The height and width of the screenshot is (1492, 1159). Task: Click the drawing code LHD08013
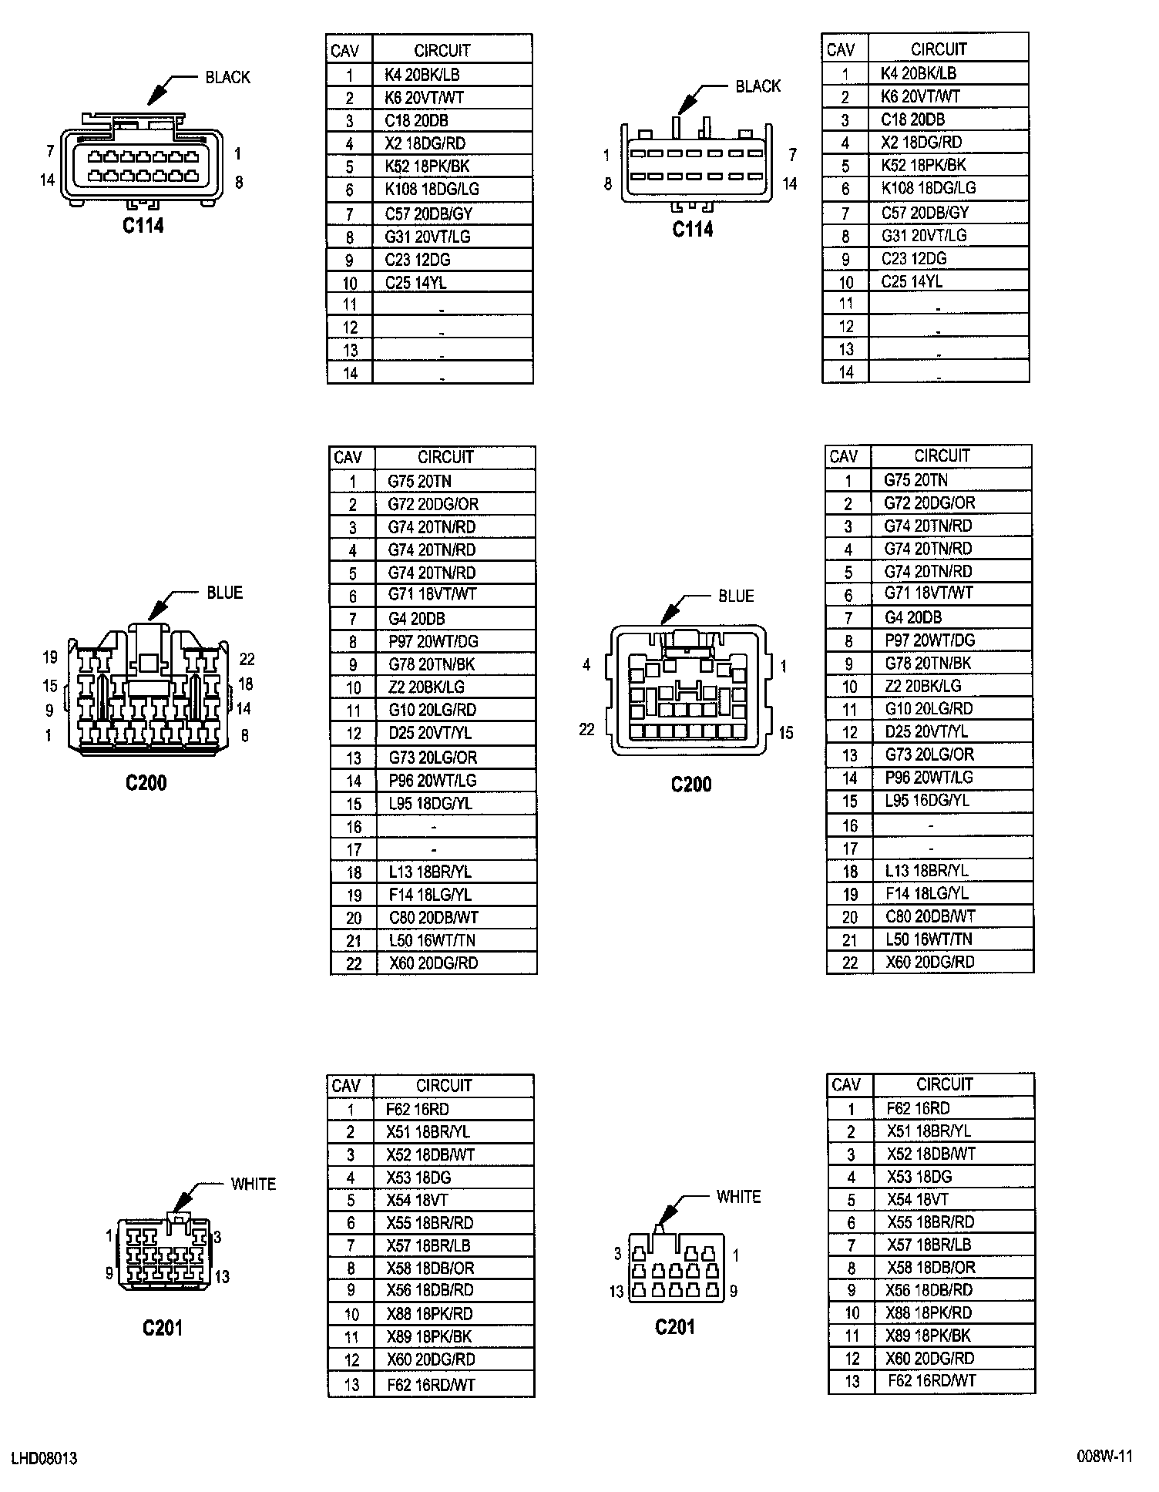point(44,1458)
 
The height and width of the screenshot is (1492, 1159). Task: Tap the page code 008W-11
point(1104,1456)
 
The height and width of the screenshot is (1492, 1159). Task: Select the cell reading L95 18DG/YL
point(430,803)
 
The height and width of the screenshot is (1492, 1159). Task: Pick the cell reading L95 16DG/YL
point(926,801)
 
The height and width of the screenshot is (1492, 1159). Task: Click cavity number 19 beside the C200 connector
point(50,657)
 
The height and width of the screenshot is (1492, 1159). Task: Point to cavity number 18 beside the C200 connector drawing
point(245,684)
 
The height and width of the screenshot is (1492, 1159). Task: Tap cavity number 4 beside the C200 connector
point(586,664)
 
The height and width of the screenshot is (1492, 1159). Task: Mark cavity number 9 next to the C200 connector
point(49,711)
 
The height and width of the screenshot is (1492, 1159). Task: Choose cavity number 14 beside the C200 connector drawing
point(244,708)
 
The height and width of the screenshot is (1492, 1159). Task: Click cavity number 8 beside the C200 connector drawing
point(244,735)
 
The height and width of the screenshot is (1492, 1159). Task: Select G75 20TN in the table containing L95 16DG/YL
point(915,480)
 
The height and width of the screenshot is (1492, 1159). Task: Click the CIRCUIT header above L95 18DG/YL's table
point(445,457)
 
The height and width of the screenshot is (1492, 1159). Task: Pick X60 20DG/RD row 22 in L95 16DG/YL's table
point(929,962)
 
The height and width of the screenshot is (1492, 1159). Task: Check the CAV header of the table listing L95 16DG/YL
point(843,456)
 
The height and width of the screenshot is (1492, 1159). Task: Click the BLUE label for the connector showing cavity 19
point(224,593)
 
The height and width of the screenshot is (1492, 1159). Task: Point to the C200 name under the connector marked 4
point(690,785)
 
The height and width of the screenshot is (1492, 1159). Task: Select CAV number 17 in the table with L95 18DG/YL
point(353,849)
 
